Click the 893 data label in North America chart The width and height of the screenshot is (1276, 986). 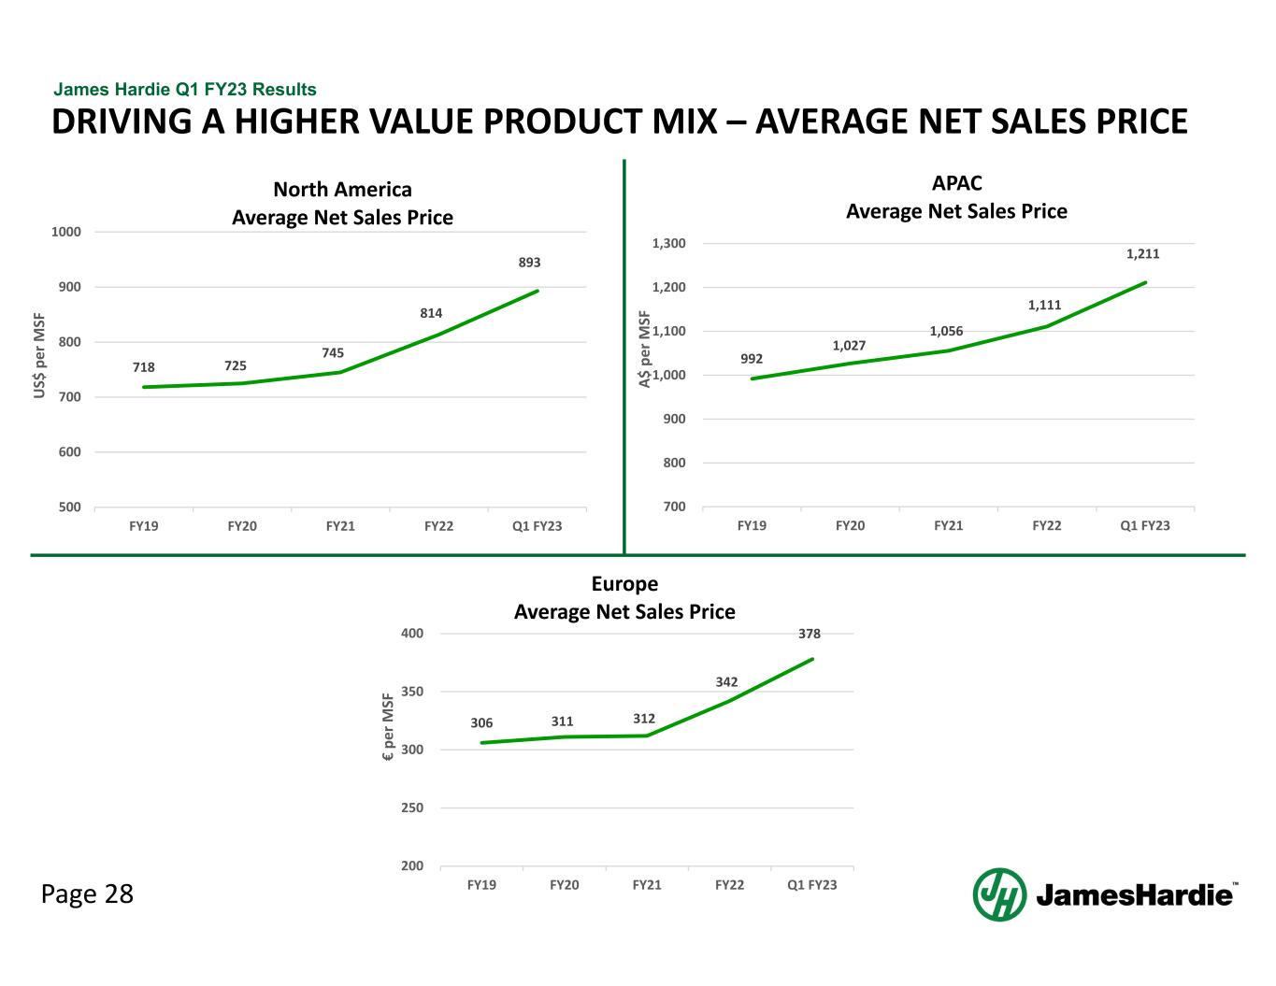(530, 263)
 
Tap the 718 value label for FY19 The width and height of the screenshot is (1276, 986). (144, 368)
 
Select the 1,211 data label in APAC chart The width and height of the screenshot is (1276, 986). (1142, 253)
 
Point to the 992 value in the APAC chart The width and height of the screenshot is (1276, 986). (752, 358)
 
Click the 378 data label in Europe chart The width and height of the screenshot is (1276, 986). (810, 634)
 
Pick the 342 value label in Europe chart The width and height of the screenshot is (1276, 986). (726, 682)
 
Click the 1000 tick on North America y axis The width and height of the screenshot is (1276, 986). (66, 232)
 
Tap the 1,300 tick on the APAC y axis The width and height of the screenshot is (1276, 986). (669, 244)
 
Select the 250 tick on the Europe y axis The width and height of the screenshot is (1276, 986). (412, 807)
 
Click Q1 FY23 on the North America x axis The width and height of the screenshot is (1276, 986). (538, 526)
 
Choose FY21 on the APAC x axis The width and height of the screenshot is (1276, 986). (948, 525)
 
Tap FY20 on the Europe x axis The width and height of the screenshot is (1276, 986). (564, 884)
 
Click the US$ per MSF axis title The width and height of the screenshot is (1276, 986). (40, 355)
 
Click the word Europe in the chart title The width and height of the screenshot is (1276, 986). (624, 584)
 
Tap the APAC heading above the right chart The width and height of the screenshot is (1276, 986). (956, 183)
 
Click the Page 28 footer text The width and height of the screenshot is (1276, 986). (87, 894)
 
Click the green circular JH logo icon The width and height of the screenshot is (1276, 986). (999, 894)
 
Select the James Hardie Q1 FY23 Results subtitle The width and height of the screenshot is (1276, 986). (185, 90)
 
